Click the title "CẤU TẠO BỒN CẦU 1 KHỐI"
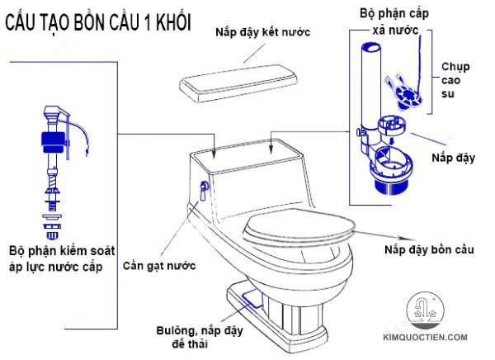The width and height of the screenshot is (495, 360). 98,22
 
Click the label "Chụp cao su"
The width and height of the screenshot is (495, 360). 455,81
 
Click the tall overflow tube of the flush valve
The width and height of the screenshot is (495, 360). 369,83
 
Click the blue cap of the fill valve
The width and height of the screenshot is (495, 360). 51,139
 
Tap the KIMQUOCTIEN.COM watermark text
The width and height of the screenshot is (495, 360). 431,339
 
